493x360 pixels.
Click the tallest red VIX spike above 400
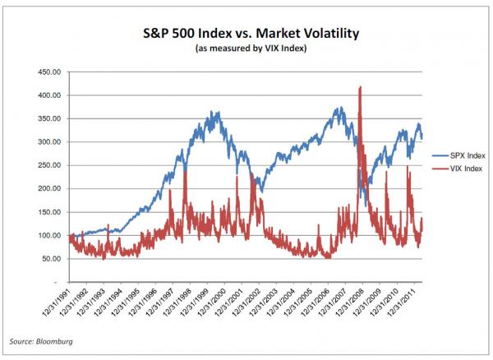point(361,89)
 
